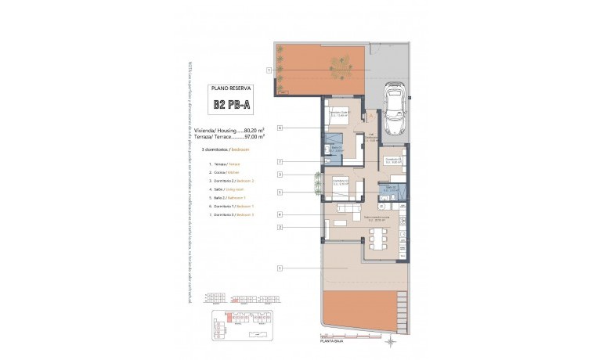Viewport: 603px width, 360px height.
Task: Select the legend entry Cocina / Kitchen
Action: pos(226,171)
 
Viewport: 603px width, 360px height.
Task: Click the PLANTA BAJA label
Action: pos(333,341)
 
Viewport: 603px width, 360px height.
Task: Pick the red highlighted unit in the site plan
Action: pos(229,318)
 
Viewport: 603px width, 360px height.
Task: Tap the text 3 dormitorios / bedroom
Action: pos(226,149)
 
